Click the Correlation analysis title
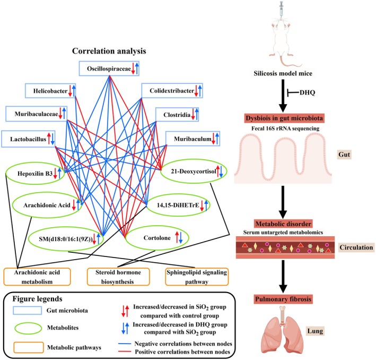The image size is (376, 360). pyautogui.click(x=109, y=51)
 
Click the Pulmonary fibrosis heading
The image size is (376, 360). pyautogui.click(x=283, y=299)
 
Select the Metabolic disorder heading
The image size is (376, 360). pyautogui.click(x=283, y=224)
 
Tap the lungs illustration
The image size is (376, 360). pyautogui.click(x=283, y=333)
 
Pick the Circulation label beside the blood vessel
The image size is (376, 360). pyautogui.click(x=356, y=247)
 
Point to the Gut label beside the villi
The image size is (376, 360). pyautogui.click(x=344, y=155)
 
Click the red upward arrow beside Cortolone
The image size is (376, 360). pyautogui.click(x=177, y=237)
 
